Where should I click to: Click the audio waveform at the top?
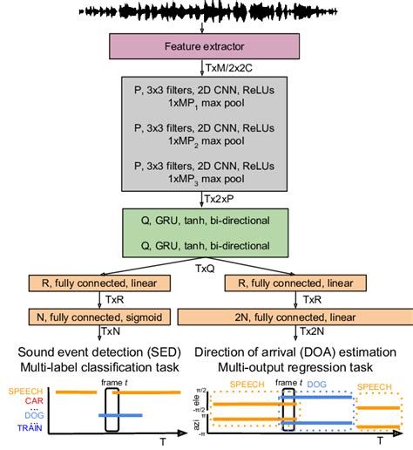[x=206, y=13]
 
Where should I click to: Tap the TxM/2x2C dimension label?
[x=228, y=66]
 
